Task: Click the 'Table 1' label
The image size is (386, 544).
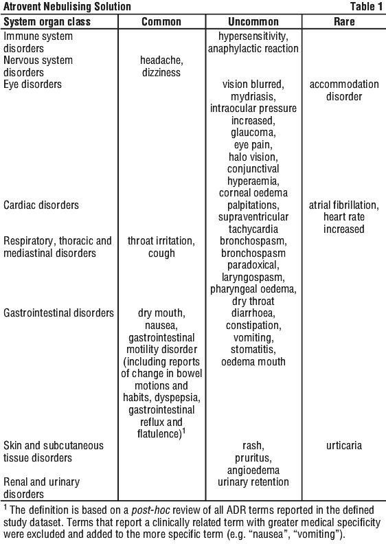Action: coord(367,6)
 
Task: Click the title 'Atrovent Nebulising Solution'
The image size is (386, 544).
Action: coord(67,6)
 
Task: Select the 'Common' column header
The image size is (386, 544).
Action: coord(161,21)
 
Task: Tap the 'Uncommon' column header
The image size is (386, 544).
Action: coord(253,21)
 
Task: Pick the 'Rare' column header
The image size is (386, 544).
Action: coord(344,21)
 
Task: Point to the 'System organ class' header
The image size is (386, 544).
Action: coord(47,21)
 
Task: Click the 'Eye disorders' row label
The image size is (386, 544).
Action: coord(32,84)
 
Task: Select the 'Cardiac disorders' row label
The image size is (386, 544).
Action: coord(41,205)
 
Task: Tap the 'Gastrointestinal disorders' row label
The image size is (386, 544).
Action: coord(58,313)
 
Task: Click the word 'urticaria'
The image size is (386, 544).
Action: coord(344,446)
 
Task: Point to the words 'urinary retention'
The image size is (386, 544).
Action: coord(253,482)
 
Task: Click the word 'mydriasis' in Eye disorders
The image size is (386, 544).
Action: coord(252,96)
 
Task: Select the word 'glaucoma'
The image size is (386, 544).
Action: coord(252,133)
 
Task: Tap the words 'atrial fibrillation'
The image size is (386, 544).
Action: coord(342,205)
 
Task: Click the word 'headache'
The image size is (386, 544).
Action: coord(160,60)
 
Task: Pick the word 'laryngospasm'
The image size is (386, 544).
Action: coord(252,277)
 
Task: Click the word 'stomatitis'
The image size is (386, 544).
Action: coord(252,350)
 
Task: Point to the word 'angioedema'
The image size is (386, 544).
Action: coord(253,470)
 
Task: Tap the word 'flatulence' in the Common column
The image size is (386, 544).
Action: coord(158,434)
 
